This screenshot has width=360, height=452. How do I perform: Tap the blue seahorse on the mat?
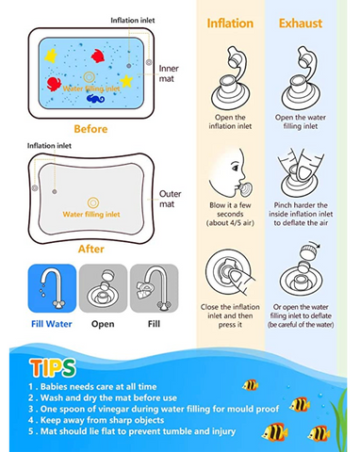[x=95, y=99]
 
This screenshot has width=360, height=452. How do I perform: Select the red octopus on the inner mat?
[x=54, y=84]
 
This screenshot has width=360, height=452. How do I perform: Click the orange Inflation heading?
[x=230, y=24]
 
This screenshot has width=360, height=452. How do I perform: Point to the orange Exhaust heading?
[x=301, y=24]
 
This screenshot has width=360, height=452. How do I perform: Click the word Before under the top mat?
[x=90, y=129]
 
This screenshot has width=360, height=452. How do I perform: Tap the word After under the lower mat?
[x=91, y=249]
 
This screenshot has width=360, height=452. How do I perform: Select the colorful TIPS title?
[x=53, y=367]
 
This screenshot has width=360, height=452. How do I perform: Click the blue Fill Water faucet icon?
[x=52, y=288]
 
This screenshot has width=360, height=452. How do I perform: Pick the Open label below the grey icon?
[x=103, y=324]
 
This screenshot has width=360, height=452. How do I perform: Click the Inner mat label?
[x=169, y=73]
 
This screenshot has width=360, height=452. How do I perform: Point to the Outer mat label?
[x=170, y=199]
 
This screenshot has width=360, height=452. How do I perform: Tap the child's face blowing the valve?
[x=230, y=174]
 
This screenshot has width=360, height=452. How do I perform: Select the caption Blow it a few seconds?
[x=230, y=209]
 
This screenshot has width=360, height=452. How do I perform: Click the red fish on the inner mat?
[x=98, y=56]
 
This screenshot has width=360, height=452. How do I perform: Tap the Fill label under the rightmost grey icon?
[x=154, y=324]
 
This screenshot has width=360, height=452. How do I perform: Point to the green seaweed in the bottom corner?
[x=340, y=420]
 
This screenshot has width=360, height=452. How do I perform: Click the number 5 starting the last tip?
[x=31, y=431]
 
